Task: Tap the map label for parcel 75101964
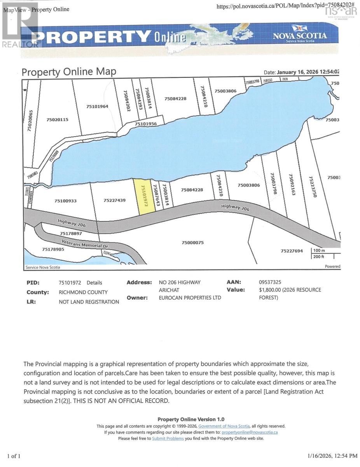point(97,106)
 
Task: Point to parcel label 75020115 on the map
point(57,120)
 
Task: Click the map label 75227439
point(114,200)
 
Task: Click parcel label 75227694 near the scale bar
point(292,251)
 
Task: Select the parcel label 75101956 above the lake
point(145,124)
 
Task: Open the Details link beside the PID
point(94,283)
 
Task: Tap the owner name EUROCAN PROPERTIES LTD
point(190,298)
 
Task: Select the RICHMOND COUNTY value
point(83,292)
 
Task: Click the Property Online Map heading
point(68,72)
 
